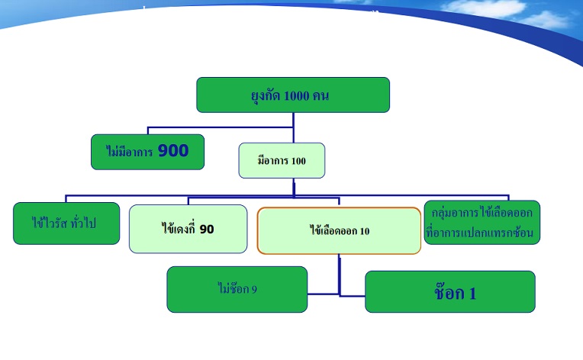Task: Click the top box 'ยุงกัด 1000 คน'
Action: [293, 95]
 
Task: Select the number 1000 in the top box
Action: [297, 96]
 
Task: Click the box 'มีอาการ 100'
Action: [282, 160]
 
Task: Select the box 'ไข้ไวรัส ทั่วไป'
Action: [66, 223]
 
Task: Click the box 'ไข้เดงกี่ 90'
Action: [188, 229]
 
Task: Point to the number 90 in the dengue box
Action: [206, 228]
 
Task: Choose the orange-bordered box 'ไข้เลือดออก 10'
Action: [339, 230]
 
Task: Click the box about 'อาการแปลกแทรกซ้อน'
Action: [482, 222]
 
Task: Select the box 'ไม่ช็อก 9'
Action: [237, 289]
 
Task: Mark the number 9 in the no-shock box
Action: [253, 289]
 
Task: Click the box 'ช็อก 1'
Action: [449, 292]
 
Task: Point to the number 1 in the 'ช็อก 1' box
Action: [472, 293]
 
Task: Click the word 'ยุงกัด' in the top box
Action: [266, 96]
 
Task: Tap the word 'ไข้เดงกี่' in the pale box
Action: [179, 229]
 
